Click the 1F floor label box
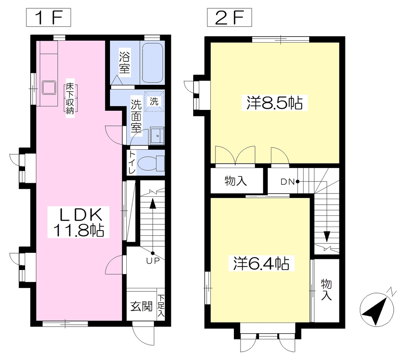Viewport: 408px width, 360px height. (x=48, y=18)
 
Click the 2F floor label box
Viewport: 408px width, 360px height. (x=229, y=18)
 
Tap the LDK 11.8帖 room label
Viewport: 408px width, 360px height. (x=78, y=222)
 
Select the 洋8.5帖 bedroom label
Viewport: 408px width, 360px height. (x=275, y=103)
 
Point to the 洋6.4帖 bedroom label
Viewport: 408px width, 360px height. (x=261, y=263)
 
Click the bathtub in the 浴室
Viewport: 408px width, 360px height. (x=153, y=63)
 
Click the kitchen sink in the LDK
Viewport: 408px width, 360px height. (x=49, y=88)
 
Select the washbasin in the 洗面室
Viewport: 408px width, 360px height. (x=157, y=136)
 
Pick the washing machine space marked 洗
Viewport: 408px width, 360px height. (x=155, y=101)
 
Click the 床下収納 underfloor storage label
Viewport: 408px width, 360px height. (x=70, y=99)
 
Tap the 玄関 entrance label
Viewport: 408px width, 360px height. (x=141, y=306)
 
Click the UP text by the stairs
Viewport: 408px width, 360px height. (x=153, y=261)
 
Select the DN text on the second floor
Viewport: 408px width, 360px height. (x=288, y=182)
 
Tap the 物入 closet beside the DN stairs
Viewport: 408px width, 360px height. (x=236, y=181)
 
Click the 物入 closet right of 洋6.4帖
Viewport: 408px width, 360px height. (x=326, y=290)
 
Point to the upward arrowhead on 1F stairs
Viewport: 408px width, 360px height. (x=153, y=203)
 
